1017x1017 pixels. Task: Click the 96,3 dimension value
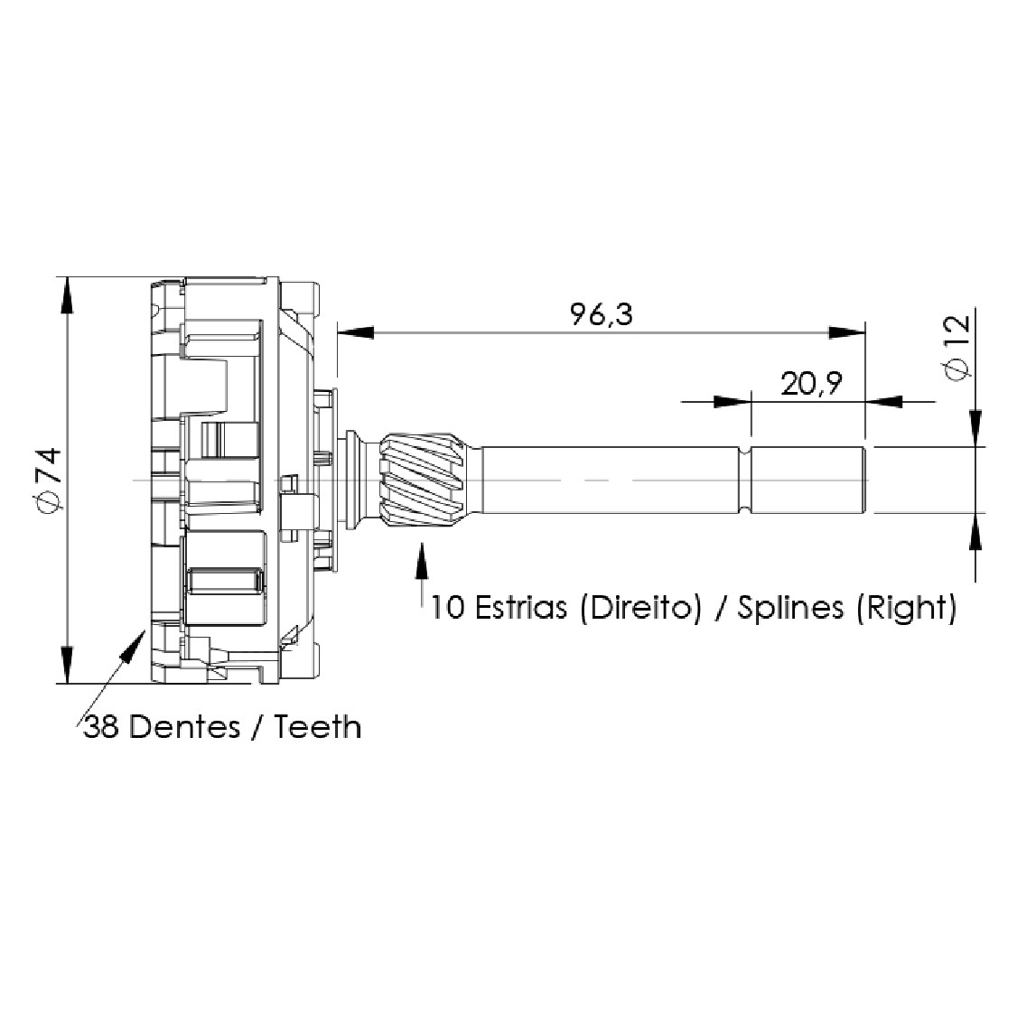pos(601,314)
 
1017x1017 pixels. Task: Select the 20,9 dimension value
pos(811,383)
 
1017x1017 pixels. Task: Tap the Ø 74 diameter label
pos(50,481)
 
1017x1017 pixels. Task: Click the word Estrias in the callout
pos(521,608)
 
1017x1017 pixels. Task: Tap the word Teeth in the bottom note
pos(317,726)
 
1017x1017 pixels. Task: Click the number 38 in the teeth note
pos(101,726)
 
